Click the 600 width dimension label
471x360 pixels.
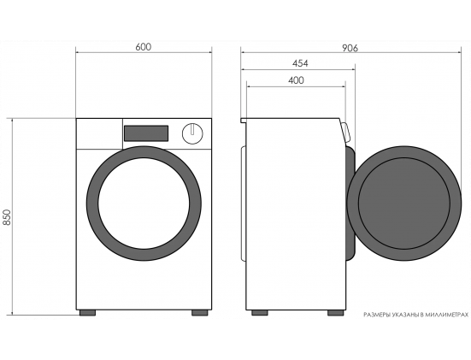tap(144, 47)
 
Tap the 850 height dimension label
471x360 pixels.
tap(7, 217)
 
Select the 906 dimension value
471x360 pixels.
tap(350, 48)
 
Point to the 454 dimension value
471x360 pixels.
tap(300, 63)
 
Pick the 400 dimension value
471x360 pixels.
tap(296, 80)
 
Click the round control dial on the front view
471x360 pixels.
tap(192, 133)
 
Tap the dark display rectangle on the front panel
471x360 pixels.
tap(146, 133)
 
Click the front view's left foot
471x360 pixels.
tap(87, 313)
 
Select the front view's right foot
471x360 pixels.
tap(200, 313)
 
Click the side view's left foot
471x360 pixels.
tap(260, 313)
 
